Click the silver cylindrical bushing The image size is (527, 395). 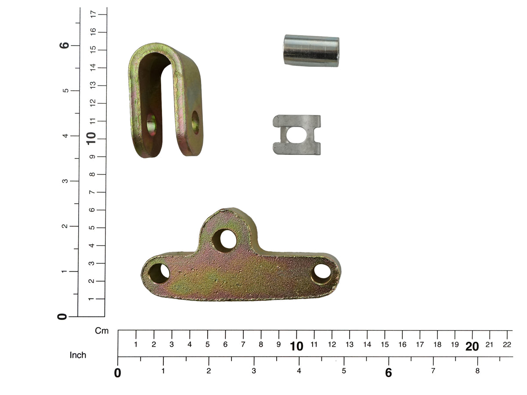pyautogui.click(x=311, y=50)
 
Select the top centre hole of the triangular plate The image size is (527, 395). pyautogui.click(x=224, y=241)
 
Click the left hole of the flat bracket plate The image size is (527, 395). pyautogui.click(x=159, y=273)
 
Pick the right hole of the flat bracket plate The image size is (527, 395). pyautogui.click(x=322, y=274)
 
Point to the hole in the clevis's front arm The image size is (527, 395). pyautogui.click(x=151, y=125)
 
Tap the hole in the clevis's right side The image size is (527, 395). pyautogui.click(x=195, y=122)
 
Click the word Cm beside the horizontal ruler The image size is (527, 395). pyautogui.click(x=101, y=331)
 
